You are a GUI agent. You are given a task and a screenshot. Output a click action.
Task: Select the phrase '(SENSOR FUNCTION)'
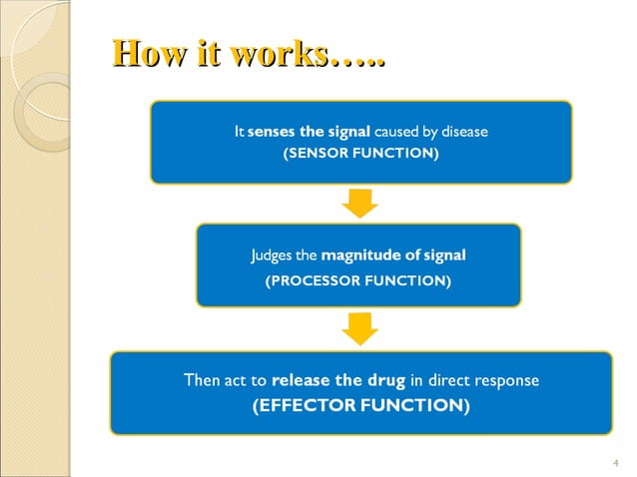(361, 155)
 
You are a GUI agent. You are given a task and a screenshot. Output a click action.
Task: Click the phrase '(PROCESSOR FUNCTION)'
(357, 282)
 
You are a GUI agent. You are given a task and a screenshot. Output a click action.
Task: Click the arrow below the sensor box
(359, 203)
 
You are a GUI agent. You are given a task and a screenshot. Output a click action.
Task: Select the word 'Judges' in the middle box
(270, 255)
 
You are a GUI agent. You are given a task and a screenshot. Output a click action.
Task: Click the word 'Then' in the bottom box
(205, 380)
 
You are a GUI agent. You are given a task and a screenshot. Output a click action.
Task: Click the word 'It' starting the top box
(238, 132)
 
